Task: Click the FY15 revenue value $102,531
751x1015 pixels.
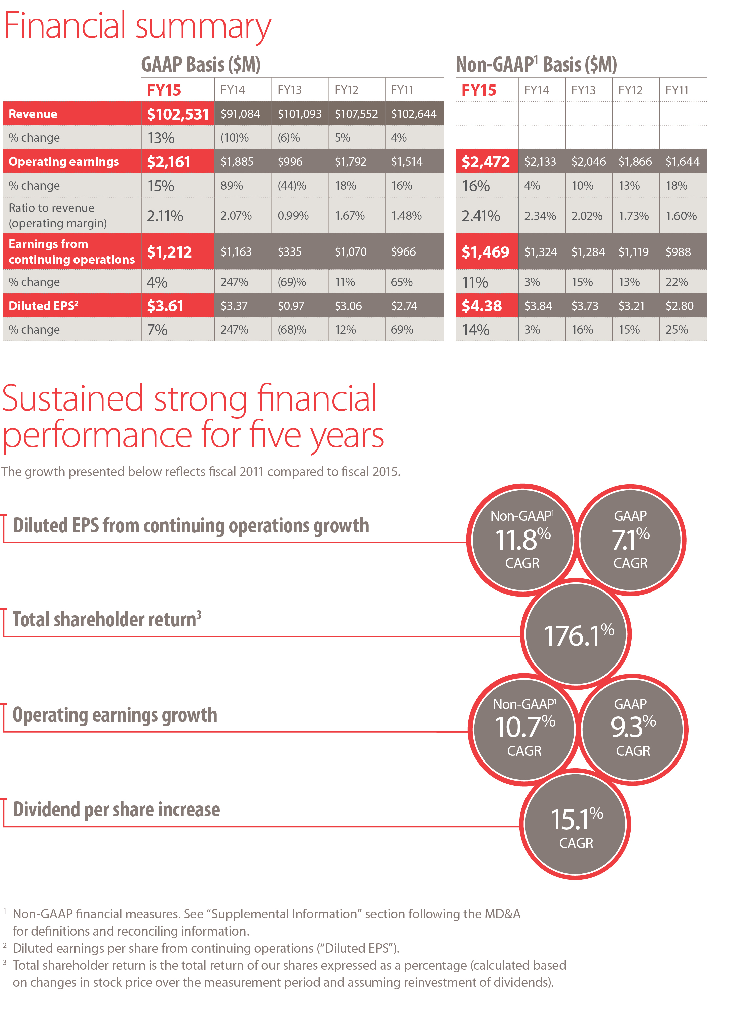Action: tap(178, 114)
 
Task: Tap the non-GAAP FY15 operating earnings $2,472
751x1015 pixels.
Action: tap(485, 161)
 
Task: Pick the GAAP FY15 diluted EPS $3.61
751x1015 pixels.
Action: tap(165, 306)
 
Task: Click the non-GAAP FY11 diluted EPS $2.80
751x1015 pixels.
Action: tap(679, 306)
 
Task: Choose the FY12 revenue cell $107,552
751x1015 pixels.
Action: tap(356, 114)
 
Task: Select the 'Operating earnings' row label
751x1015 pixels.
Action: tap(64, 161)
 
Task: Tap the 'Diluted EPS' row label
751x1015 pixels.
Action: tap(43, 306)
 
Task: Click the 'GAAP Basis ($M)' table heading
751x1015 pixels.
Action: tap(200, 64)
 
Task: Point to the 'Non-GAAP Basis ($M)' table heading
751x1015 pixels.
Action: tap(536, 64)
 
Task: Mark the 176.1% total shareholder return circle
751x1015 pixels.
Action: tap(576, 634)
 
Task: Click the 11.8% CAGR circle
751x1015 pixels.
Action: tap(522, 540)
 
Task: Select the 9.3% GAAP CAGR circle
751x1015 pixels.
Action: tap(632, 729)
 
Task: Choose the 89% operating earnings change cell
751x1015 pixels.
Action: tap(232, 185)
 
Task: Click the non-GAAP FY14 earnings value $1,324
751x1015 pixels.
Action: tap(540, 251)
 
